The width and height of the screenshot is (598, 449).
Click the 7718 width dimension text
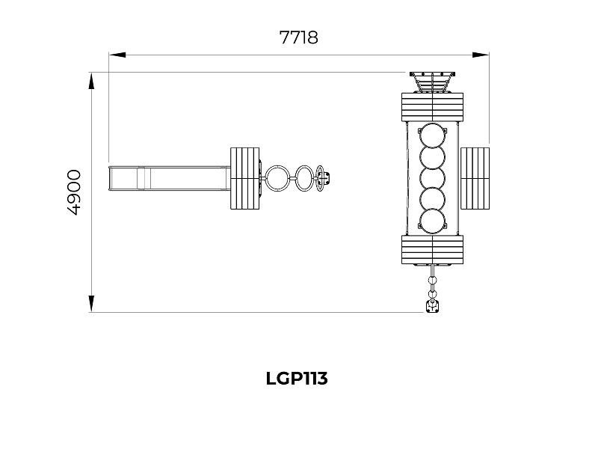(x=298, y=37)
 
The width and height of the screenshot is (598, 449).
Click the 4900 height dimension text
(x=74, y=192)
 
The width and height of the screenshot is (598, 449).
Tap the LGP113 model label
(x=297, y=379)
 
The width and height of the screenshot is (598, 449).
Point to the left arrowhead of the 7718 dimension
(x=117, y=55)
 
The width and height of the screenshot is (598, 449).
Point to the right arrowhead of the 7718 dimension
(x=481, y=55)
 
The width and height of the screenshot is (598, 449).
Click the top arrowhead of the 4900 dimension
(x=91, y=82)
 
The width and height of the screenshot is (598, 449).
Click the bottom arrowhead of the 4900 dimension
(x=91, y=304)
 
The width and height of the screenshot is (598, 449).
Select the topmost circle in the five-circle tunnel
(x=433, y=135)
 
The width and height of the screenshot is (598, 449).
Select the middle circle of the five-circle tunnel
(x=433, y=178)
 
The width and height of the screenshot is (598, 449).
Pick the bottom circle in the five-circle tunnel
(x=433, y=222)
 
